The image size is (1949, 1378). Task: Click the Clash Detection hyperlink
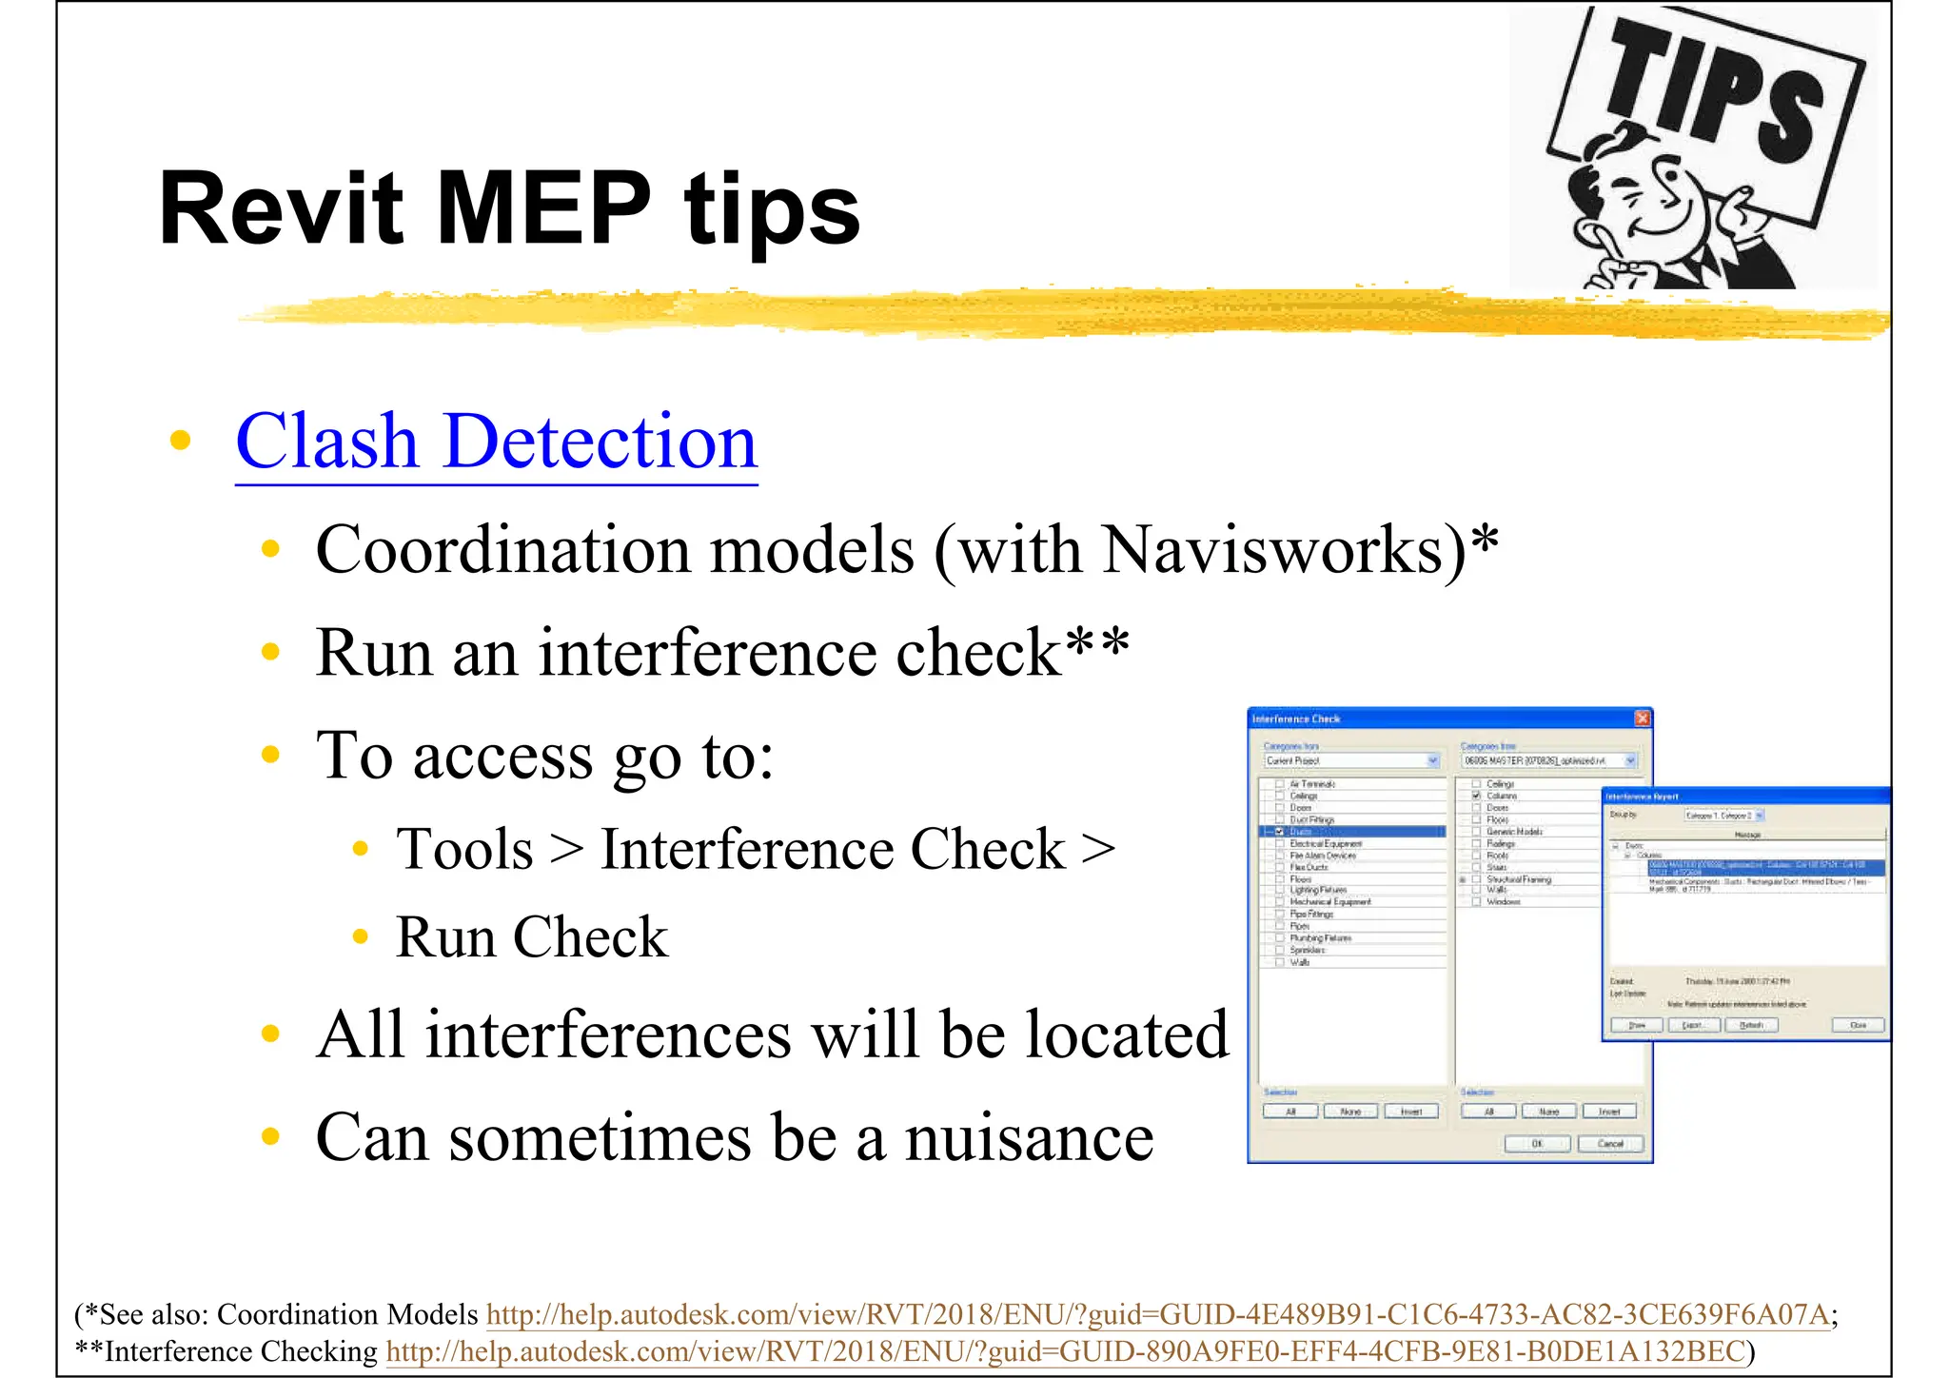(496, 443)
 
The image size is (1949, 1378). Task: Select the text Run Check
(531, 937)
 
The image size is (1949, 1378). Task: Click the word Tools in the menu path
(464, 849)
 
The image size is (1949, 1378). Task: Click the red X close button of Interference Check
(1642, 719)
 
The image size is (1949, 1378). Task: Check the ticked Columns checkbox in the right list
(1476, 796)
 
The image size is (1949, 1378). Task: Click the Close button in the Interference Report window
(1857, 1025)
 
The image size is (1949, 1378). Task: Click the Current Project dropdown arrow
(1433, 760)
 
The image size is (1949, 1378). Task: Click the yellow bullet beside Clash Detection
(180, 441)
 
